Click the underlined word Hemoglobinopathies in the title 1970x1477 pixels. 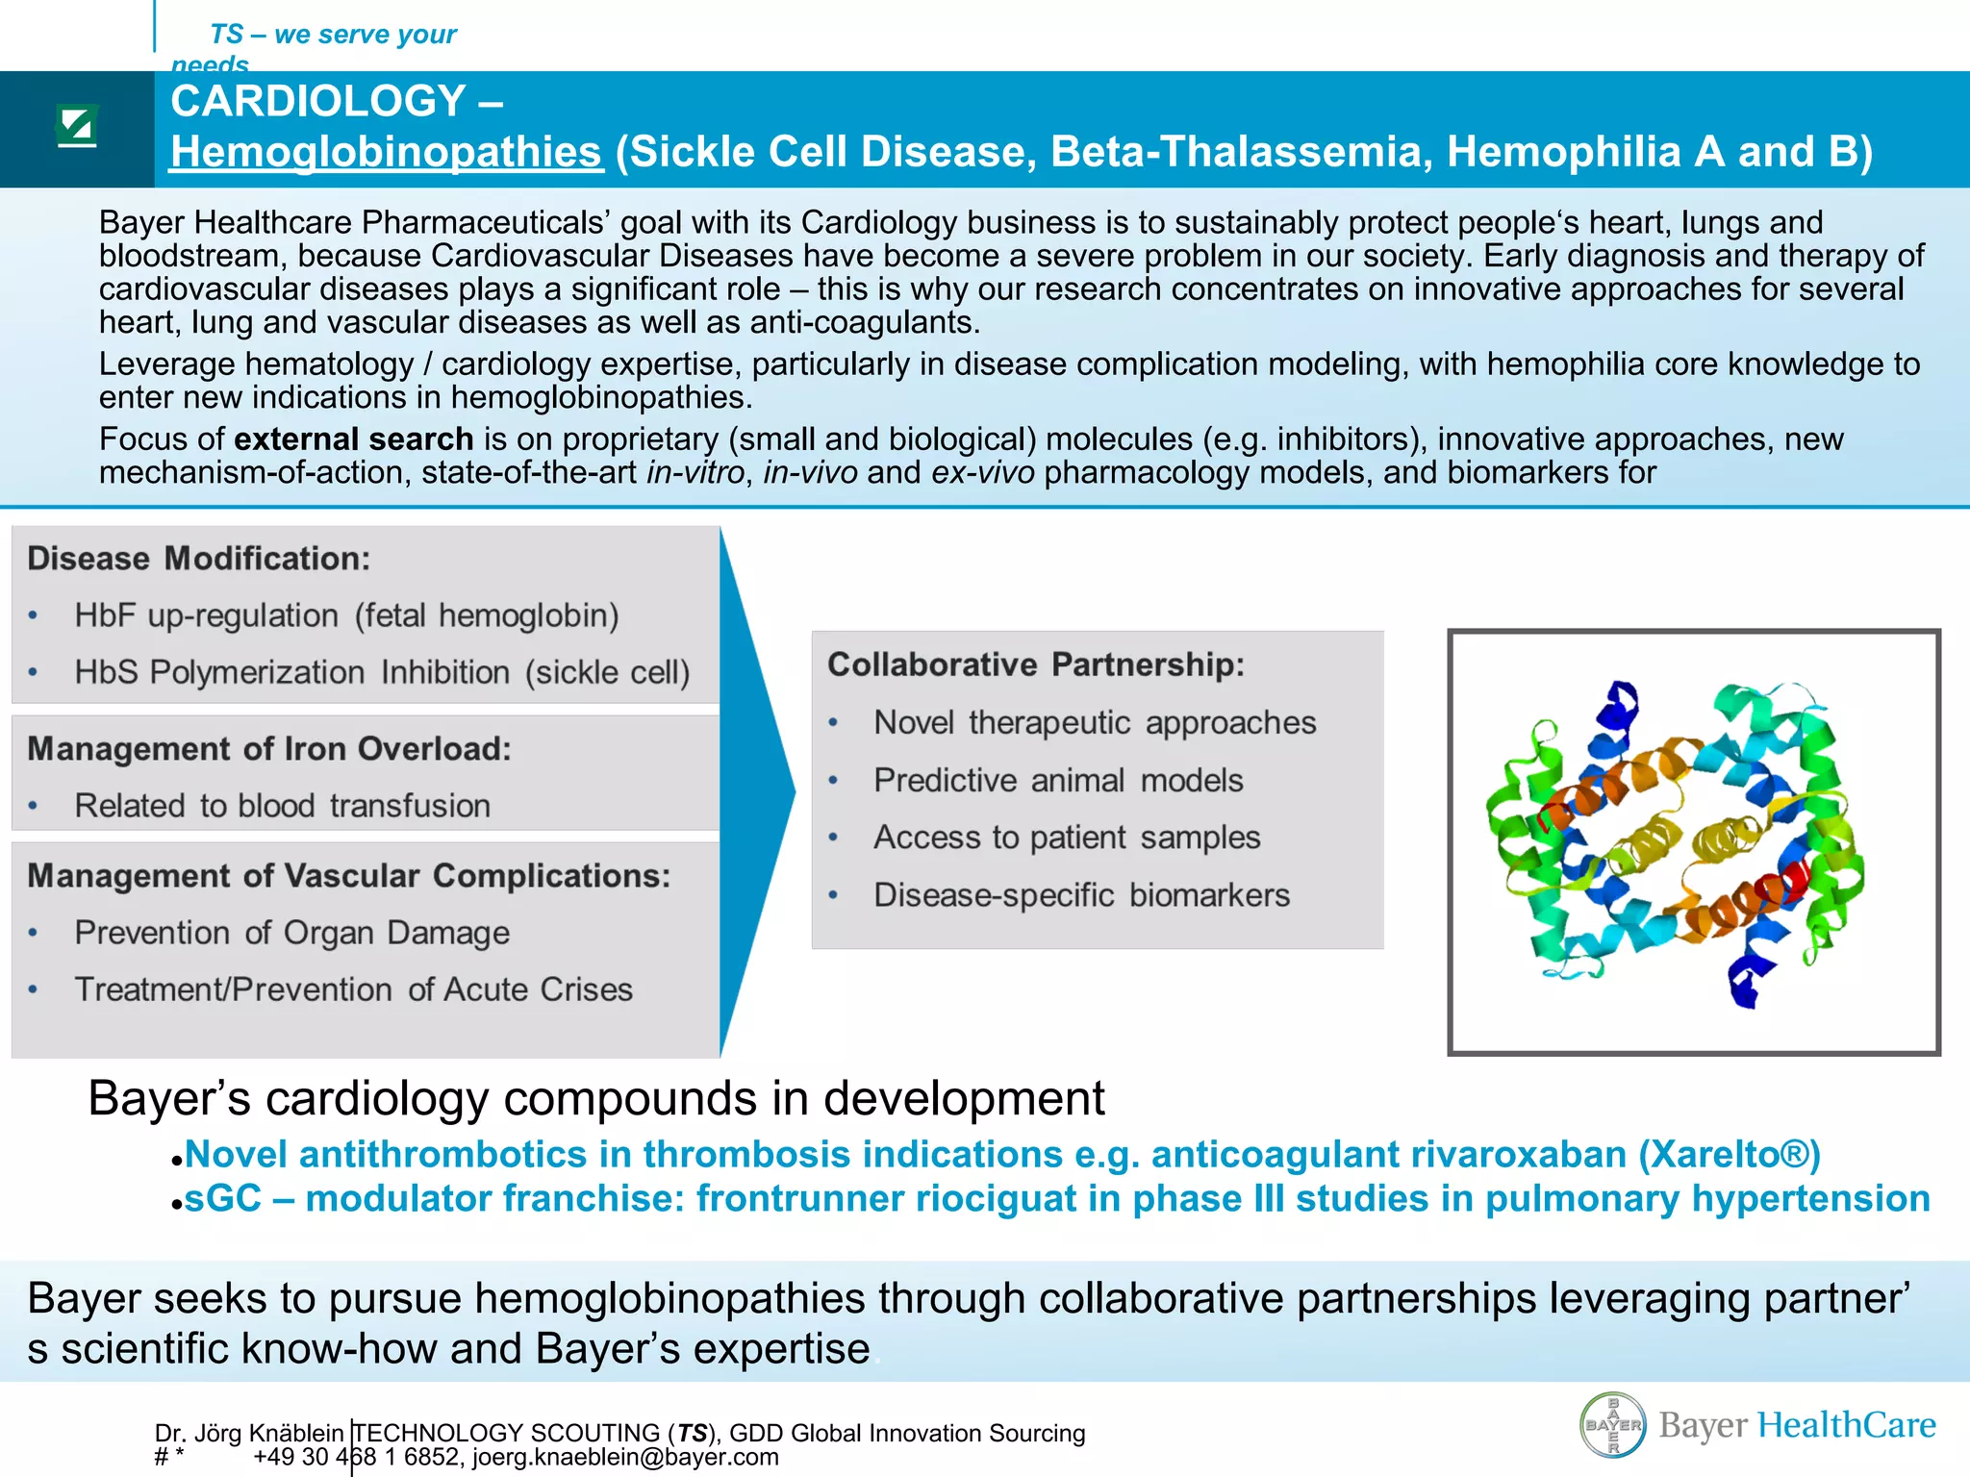pyautogui.click(x=387, y=152)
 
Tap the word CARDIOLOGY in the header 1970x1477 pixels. pyautogui.click(x=318, y=101)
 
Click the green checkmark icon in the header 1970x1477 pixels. pyautogui.click(x=77, y=126)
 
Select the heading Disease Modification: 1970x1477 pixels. pyautogui.click(x=198, y=559)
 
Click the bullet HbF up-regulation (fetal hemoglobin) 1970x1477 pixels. pyautogui.click(x=346, y=615)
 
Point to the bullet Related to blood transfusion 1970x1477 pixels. pyautogui.click(x=282, y=806)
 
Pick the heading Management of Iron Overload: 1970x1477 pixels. pyautogui.click(x=269, y=749)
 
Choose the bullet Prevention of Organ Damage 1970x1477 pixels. pyautogui.click(x=291, y=933)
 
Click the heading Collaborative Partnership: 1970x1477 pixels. pyautogui.click(x=1036, y=664)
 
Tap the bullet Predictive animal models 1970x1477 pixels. pyautogui.click(x=1058, y=780)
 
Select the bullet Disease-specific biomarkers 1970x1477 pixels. pyautogui.click(x=1081, y=895)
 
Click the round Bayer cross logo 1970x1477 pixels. pyautogui.click(x=1613, y=1424)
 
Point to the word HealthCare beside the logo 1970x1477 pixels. pyautogui.click(x=1846, y=1424)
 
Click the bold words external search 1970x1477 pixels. pyautogui.click(x=353, y=439)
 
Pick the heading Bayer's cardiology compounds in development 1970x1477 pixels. pyautogui.click(x=596, y=1098)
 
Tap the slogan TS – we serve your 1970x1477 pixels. pyautogui.click(x=333, y=35)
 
